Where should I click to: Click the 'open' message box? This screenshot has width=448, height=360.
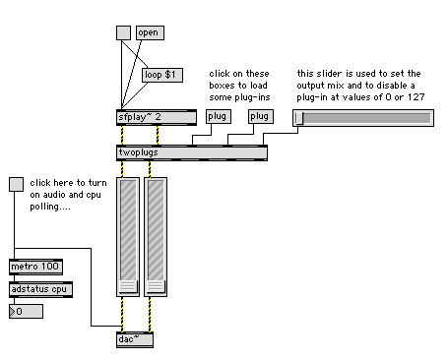pyautogui.click(x=150, y=32)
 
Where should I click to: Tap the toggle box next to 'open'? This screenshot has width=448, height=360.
pyautogui.click(x=123, y=32)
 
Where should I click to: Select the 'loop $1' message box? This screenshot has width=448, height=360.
pyautogui.click(x=162, y=75)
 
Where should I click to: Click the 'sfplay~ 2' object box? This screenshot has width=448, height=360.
pyautogui.click(x=157, y=117)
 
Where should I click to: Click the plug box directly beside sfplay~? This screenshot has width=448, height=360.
pyautogui.click(x=219, y=116)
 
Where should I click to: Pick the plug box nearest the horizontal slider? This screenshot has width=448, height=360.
pyautogui.click(x=261, y=116)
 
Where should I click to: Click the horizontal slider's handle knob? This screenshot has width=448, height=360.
pyautogui.click(x=299, y=118)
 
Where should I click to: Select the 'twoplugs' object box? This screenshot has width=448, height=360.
pyautogui.click(x=192, y=152)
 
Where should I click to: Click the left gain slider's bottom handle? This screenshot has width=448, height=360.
pyautogui.click(x=128, y=286)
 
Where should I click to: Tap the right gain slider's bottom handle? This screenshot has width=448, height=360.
pyautogui.click(x=156, y=286)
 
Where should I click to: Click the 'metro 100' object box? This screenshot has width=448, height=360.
pyautogui.click(x=35, y=267)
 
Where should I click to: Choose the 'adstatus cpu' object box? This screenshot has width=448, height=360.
pyautogui.click(x=40, y=289)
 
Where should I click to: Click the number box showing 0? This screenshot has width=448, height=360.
pyautogui.click(x=26, y=312)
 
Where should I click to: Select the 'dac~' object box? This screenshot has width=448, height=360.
pyautogui.click(x=135, y=339)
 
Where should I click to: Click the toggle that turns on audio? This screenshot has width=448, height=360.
pyautogui.click(x=16, y=184)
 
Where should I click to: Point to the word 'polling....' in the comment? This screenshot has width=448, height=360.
pyautogui.click(x=50, y=207)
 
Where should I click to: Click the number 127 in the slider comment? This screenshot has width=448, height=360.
pyautogui.click(x=416, y=97)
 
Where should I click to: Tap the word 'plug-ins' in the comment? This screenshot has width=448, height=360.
pyautogui.click(x=256, y=97)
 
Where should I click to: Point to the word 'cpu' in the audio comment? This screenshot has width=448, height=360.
pyautogui.click(x=94, y=195)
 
